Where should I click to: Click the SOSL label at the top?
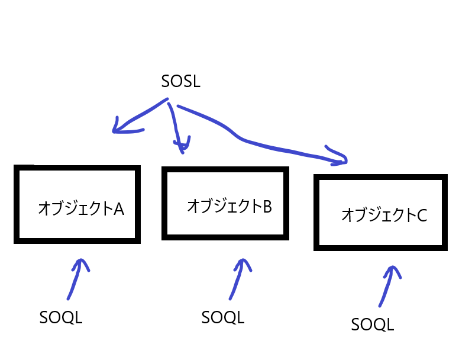(x=180, y=81)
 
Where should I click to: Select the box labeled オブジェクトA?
(x=77, y=204)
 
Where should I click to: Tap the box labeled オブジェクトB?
(x=225, y=202)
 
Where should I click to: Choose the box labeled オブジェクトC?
(x=380, y=212)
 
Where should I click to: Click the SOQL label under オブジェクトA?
(x=61, y=317)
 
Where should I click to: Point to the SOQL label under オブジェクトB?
(x=222, y=317)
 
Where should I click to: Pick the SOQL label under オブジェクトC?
(x=372, y=324)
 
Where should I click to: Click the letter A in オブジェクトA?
(x=118, y=209)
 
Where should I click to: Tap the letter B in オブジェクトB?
(x=266, y=206)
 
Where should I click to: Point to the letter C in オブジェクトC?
(x=421, y=215)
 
